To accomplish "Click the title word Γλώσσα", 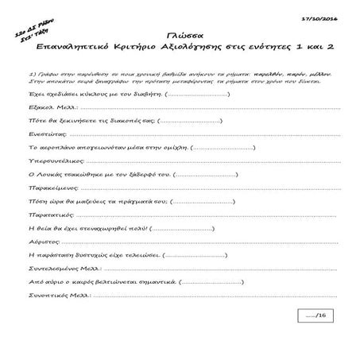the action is (x=180, y=37).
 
